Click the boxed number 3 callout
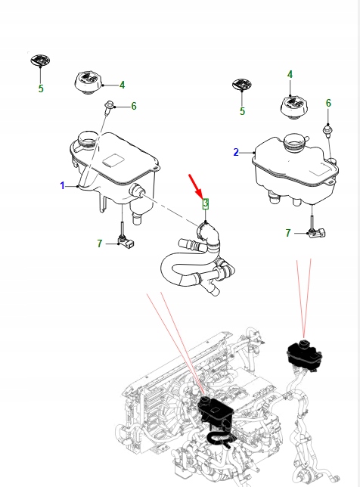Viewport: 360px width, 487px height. point(204,203)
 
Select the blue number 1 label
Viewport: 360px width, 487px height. point(63,185)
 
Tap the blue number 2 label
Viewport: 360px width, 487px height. point(236,152)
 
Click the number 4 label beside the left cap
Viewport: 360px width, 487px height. point(122,85)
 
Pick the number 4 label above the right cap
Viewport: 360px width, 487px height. point(290,74)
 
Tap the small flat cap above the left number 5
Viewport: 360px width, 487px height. point(39,60)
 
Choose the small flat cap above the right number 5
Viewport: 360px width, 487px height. point(242,84)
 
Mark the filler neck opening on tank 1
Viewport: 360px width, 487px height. point(86,140)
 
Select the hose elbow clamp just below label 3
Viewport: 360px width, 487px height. point(204,228)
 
